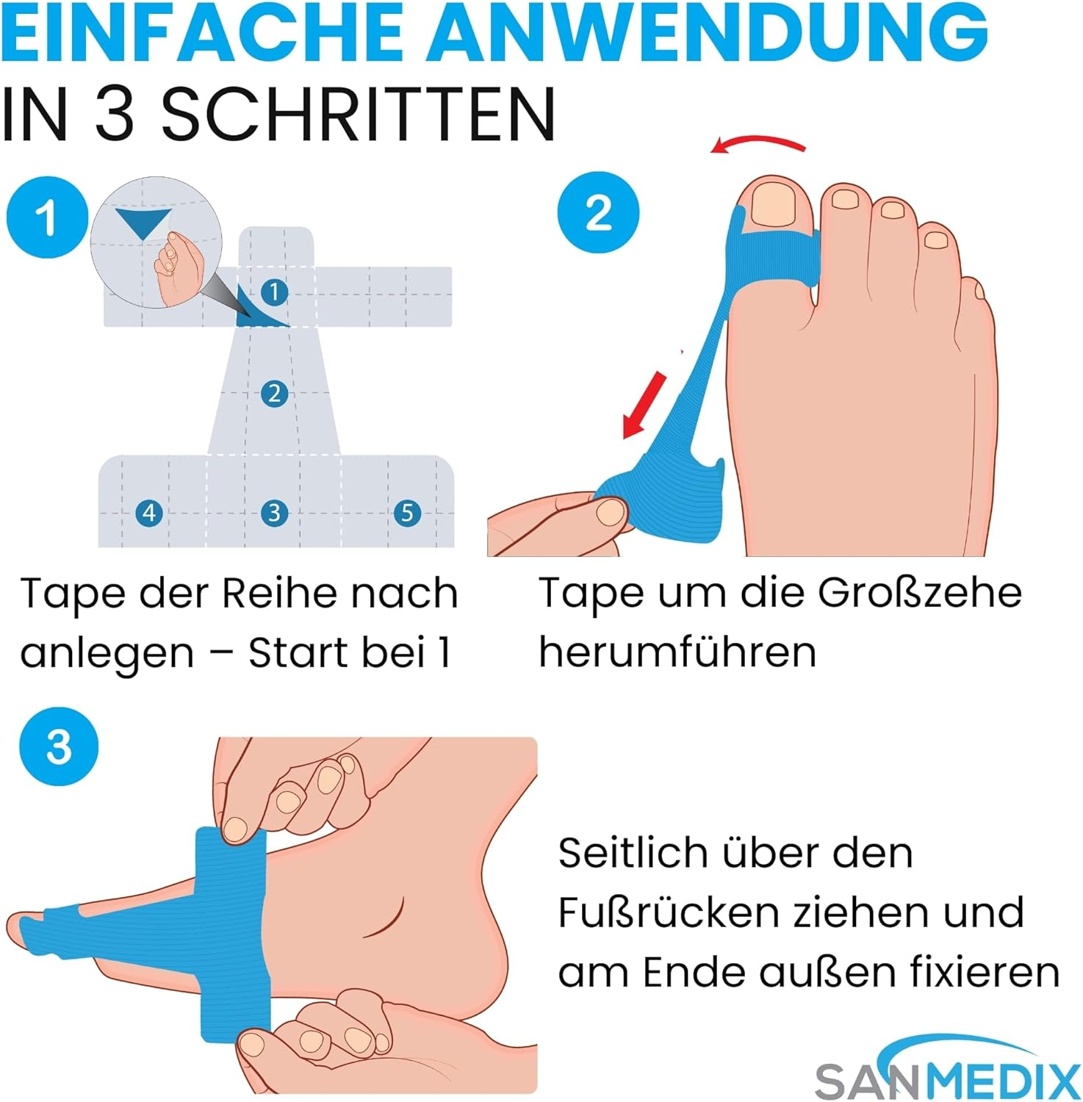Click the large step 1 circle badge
(x=47, y=217)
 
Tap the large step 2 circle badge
(x=598, y=213)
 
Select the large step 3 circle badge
(x=59, y=747)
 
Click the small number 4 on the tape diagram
(x=149, y=512)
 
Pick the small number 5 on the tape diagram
(x=407, y=512)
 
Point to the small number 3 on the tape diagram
(x=274, y=512)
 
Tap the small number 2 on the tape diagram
(x=274, y=394)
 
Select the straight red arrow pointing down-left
(x=644, y=405)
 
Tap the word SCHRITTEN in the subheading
(x=358, y=114)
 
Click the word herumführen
(x=677, y=651)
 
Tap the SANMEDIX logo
(x=948, y=1069)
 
